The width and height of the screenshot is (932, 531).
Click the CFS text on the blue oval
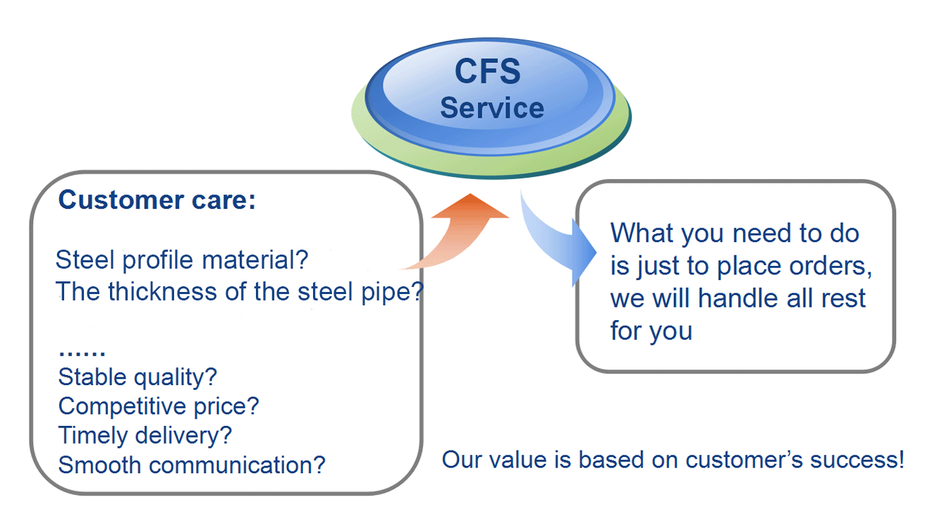(488, 72)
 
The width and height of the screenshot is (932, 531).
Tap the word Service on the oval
(491, 108)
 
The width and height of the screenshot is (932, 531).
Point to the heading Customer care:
(157, 200)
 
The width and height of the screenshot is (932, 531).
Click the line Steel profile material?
(182, 260)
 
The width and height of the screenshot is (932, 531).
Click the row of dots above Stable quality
(82, 350)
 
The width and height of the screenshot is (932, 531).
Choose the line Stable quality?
(137, 377)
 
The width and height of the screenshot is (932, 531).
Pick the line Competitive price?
(159, 406)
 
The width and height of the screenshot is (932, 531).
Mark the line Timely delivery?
(145, 435)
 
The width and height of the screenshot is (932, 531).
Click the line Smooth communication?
(192, 465)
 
